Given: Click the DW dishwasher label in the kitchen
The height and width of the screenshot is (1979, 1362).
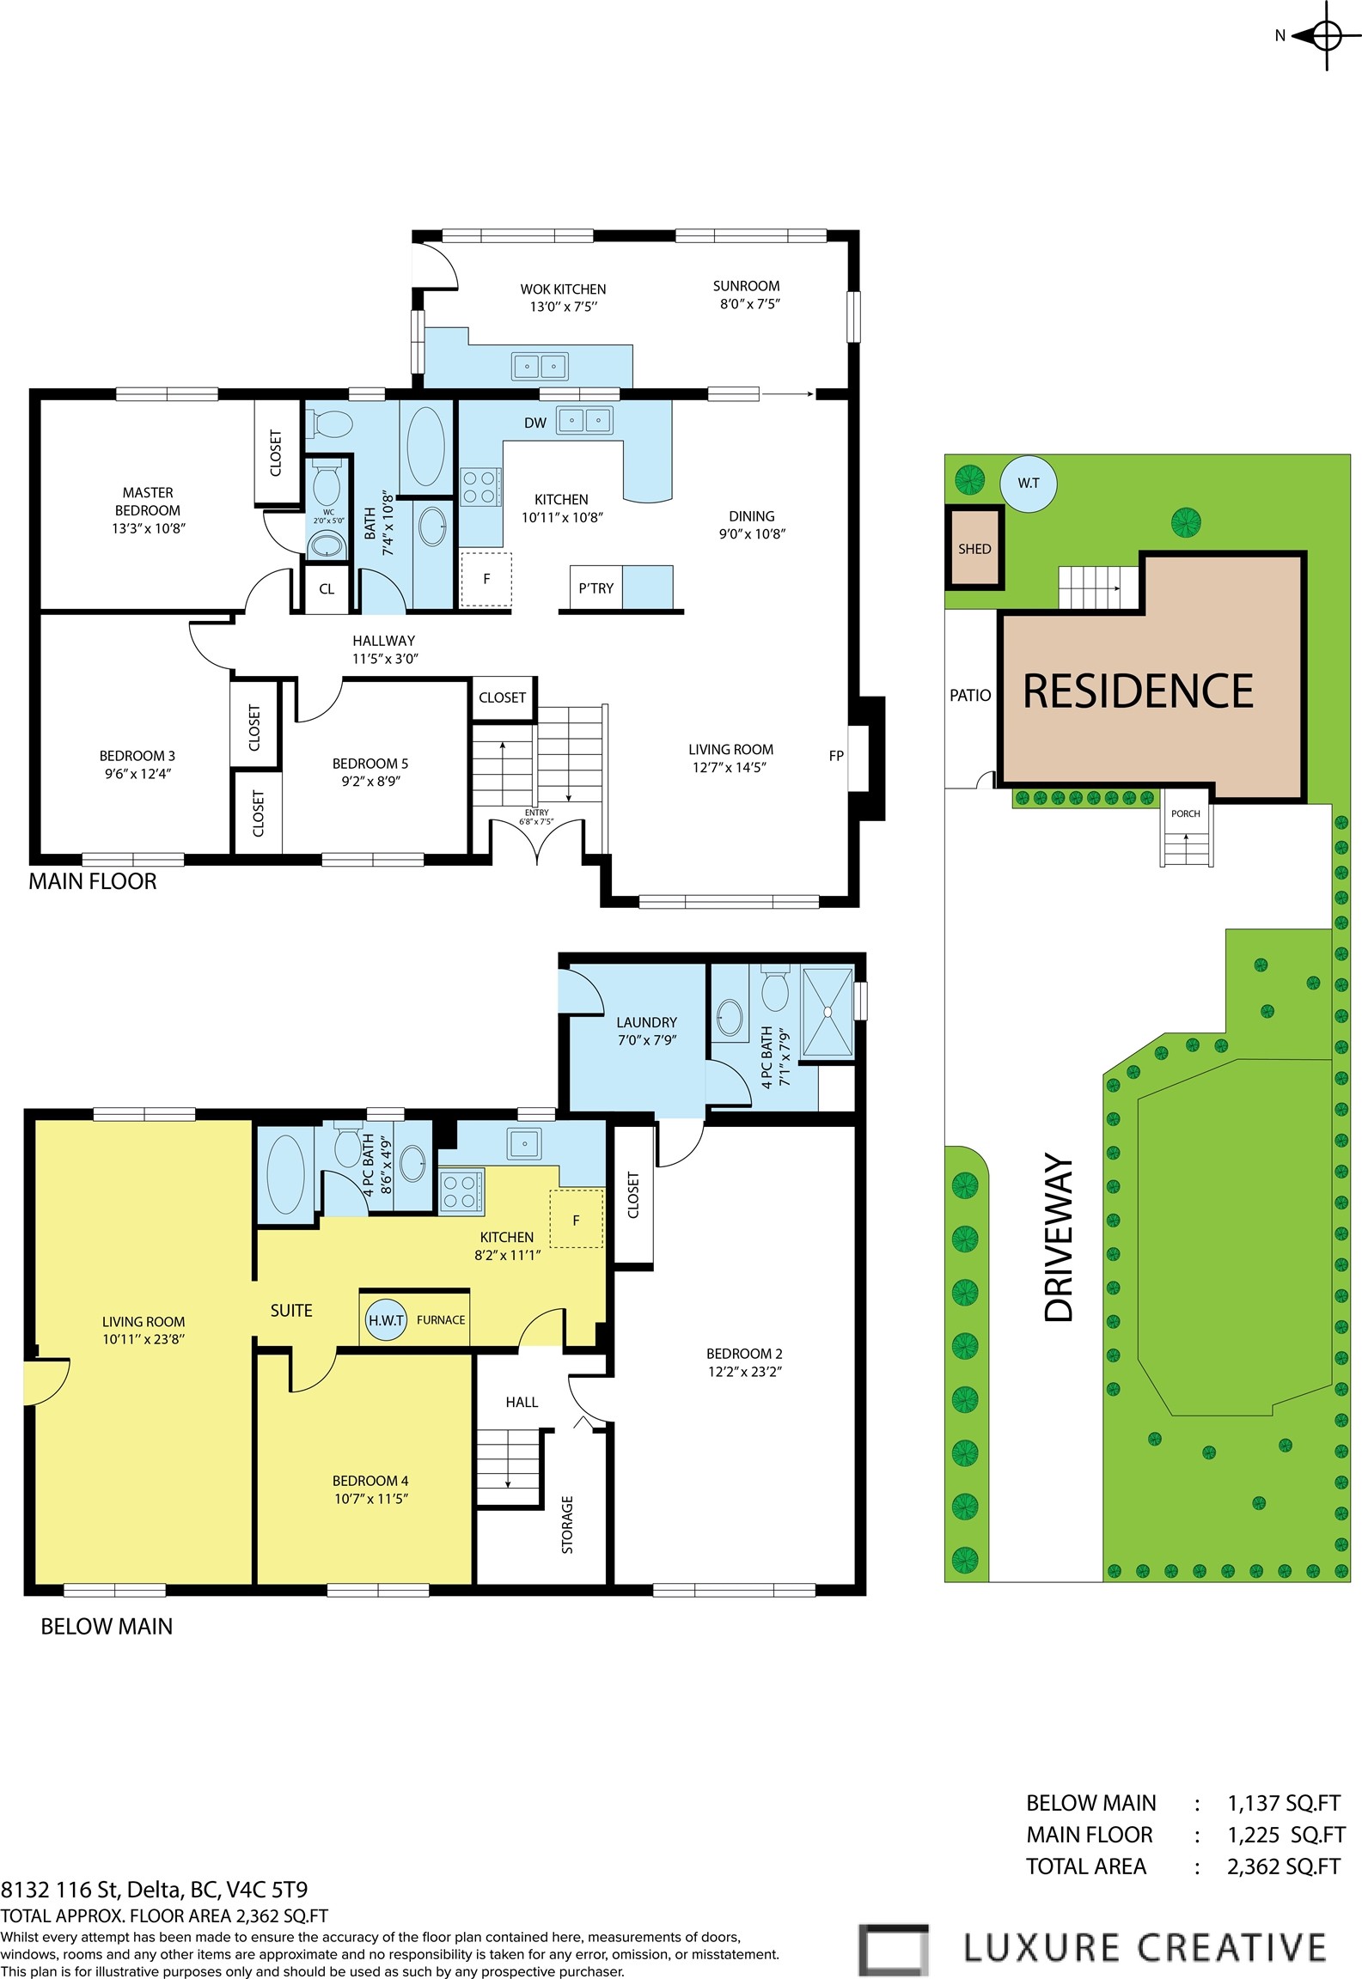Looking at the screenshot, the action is tap(535, 423).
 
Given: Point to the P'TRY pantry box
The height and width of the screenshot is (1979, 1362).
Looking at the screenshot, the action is tap(595, 588).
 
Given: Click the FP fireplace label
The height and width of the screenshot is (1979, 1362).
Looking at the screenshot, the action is tap(836, 756).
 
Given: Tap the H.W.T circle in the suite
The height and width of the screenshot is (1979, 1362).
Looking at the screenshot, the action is tap(386, 1320).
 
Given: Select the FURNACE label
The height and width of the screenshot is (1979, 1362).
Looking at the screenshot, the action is tap(441, 1320).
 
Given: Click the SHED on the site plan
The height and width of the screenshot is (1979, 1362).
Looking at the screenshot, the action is tap(974, 548).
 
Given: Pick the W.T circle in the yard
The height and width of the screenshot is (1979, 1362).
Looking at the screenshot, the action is tap(1029, 484).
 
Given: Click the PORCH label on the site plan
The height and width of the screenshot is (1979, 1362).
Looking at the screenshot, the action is tap(1186, 813).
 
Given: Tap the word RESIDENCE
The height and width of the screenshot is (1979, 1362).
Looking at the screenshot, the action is tap(1138, 691).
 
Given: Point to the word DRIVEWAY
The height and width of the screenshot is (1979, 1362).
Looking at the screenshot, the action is tap(1059, 1238).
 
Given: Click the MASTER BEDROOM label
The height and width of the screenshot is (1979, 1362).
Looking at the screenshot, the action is tap(148, 510).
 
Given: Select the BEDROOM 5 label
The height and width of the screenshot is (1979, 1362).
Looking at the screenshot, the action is tap(370, 772).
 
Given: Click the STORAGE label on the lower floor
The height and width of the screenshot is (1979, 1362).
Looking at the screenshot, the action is tap(567, 1525).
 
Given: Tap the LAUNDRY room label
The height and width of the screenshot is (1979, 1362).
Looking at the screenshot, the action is tap(646, 1031).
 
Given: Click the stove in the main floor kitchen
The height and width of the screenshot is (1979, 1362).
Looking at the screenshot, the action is tap(479, 486).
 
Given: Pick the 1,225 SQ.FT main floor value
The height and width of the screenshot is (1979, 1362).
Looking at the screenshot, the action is tap(1286, 1835).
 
